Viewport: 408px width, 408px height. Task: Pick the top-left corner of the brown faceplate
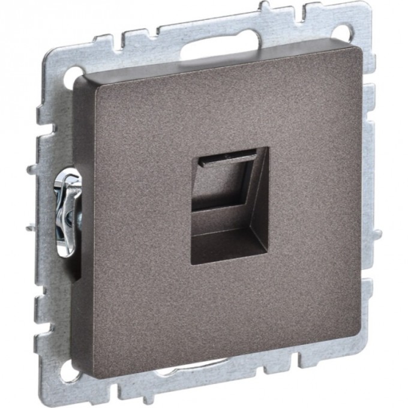[78, 81]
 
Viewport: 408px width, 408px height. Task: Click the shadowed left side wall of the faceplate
[80, 240]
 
